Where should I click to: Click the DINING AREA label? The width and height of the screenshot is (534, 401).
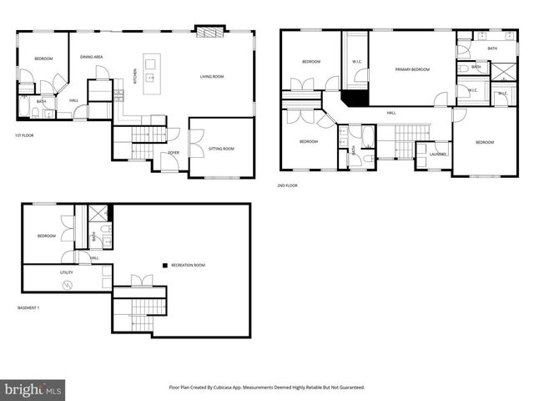(x=92, y=57)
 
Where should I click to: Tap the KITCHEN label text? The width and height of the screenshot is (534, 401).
(x=136, y=76)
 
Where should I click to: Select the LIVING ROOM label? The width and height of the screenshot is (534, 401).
(x=211, y=77)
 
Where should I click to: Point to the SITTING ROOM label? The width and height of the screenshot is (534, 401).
(x=221, y=148)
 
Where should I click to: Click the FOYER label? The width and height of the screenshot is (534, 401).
(x=174, y=153)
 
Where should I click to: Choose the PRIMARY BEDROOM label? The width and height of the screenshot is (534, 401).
(x=412, y=69)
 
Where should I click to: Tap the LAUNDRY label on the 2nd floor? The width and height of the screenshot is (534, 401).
(x=438, y=154)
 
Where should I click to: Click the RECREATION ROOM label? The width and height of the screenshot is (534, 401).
(x=188, y=265)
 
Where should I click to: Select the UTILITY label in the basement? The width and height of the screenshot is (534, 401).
(x=67, y=272)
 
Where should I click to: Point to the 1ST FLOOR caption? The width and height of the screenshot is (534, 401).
(x=24, y=135)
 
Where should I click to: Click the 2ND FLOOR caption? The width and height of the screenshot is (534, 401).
(x=287, y=185)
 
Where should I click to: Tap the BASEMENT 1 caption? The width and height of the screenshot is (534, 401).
(x=29, y=308)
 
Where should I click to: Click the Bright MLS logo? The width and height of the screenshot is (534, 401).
(x=33, y=388)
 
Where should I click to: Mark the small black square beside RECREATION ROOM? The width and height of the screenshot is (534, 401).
(x=165, y=265)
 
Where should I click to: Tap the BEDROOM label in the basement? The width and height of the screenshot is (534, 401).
(x=46, y=236)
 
